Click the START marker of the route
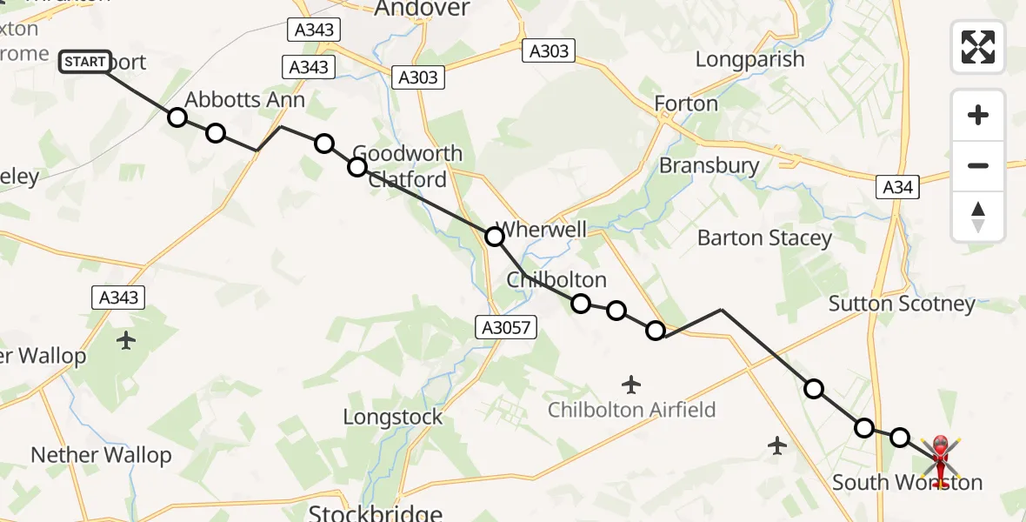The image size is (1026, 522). click(x=85, y=62)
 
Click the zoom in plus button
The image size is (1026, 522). click(x=978, y=115)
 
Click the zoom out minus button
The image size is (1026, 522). click(x=978, y=165)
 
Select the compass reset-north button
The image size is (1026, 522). click(x=978, y=217)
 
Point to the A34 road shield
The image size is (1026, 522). click(x=898, y=186)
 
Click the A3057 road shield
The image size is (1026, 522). click(x=506, y=327)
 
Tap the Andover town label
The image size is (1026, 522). click(x=422, y=10)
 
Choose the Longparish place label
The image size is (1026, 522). click(x=750, y=60)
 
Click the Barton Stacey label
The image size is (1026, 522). click(x=764, y=238)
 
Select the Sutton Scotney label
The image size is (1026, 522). click(x=902, y=304)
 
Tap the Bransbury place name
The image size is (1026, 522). click(x=709, y=165)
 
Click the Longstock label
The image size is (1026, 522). click(x=392, y=417)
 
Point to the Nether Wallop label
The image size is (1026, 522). click(x=101, y=455)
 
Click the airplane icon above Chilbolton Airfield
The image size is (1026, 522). click(x=632, y=383)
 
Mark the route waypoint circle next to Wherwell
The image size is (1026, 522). click(x=494, y=237)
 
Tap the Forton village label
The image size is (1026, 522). click(x=686, y=104)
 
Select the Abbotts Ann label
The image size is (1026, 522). click(x=245, y=100)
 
